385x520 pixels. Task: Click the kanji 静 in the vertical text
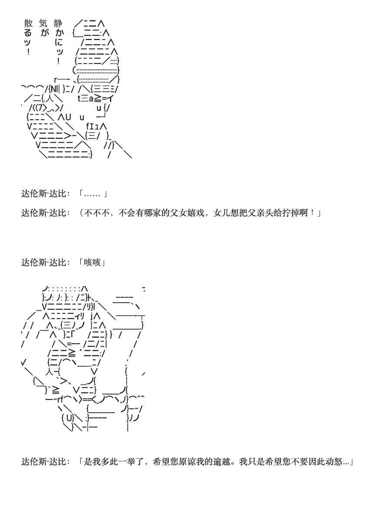point(58,23)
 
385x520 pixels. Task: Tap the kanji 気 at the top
point(43,23)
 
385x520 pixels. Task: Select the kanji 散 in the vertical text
point(29,23)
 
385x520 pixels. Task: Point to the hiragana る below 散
point(28,33)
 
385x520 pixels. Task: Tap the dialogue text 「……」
point(93,194)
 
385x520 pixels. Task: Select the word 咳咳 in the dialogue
point(93,263)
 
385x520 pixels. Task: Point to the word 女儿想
point(227,213)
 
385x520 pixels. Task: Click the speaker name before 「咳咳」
point(46,263)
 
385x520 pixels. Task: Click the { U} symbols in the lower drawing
point(68,418)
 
